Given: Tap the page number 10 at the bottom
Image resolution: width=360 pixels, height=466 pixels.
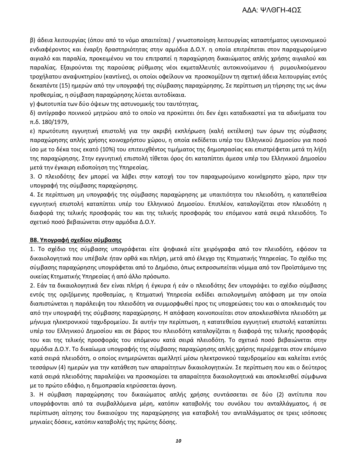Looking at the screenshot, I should coord(178,441).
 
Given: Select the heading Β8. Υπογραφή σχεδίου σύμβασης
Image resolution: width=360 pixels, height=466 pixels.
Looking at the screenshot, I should coord(76,240).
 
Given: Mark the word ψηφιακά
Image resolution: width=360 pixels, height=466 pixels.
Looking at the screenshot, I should coord(176,249).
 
